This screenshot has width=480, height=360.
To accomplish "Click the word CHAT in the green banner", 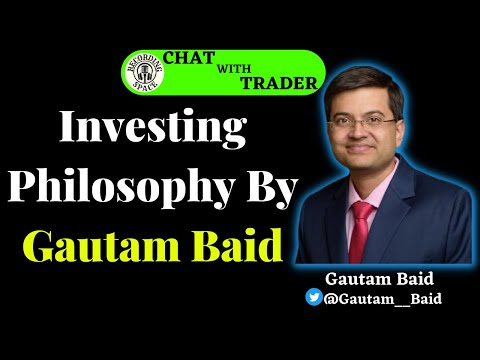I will (x=192, y=58).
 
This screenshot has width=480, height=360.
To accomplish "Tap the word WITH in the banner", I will (x=233, y=68).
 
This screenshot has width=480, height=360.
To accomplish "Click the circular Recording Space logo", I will (x=140, y=75).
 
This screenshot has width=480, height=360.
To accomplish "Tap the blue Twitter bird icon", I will (x=315, y=297).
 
